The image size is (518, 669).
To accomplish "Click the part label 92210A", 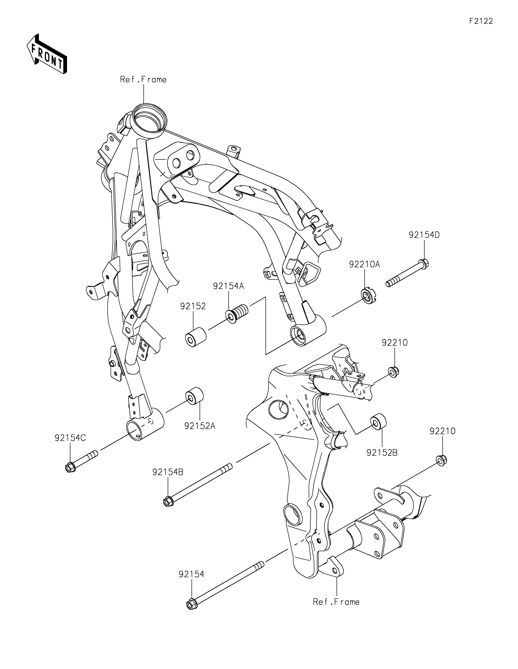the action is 365,264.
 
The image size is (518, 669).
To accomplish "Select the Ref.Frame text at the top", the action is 143,80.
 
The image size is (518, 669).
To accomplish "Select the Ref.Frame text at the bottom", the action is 336,602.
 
